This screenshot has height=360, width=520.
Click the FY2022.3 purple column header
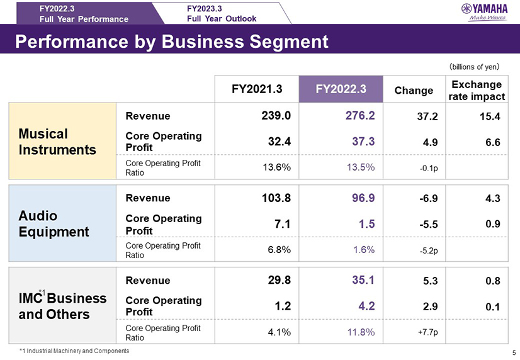coord(341,89)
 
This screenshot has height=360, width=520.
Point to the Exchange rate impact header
coord(477,90)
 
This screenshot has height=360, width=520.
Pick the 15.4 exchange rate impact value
coord(489,116)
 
